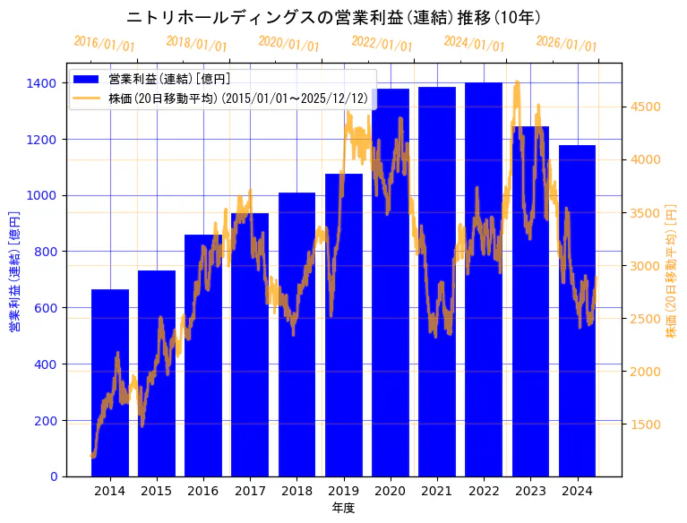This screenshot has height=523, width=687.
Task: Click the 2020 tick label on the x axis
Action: pos(391,491)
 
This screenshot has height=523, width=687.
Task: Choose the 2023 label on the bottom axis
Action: pos(530,491)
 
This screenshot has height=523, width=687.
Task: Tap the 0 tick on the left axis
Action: pos(54,476)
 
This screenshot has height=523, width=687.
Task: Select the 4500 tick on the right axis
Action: pos(645,107)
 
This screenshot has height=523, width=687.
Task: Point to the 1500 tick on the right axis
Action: pos(645,424)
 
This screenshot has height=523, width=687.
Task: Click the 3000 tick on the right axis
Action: pos(645,266)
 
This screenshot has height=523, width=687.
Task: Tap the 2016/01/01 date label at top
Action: pos(105,44)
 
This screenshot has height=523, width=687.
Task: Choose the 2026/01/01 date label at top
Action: pos(567,44)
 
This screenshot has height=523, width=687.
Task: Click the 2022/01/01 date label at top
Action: pos(382,44)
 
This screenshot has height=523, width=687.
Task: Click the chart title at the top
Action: pos(333,17)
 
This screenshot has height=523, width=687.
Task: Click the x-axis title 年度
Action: pos(343,508)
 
